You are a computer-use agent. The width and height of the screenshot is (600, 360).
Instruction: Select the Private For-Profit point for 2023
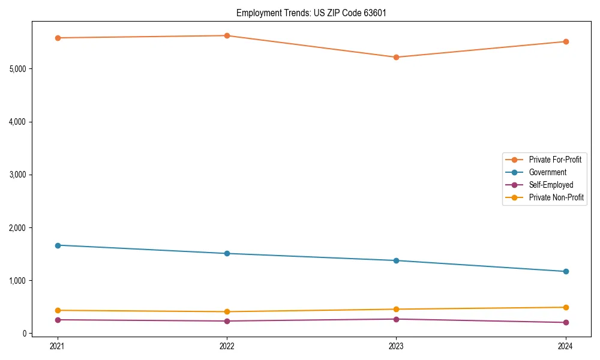[x=396, y=58]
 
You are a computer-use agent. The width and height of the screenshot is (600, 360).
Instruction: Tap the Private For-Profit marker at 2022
[x=227, y=35]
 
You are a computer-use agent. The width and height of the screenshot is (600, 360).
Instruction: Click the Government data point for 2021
[x=58, y=245]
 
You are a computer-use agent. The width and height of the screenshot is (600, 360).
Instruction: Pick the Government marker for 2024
[x=565, y=272]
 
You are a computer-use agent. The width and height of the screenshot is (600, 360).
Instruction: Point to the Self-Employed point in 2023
[x=396, y=319]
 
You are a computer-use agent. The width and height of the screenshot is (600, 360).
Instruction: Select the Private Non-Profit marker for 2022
[x=227, y=312]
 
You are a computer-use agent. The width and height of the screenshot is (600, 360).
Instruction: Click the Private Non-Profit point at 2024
[x=565, y=307]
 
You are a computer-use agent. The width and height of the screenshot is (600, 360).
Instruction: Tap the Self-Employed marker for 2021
[x=58, y=320]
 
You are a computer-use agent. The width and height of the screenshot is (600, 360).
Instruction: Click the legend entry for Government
[x=547, y=172]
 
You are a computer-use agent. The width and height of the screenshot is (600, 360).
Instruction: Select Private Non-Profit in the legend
[x=556, y=197]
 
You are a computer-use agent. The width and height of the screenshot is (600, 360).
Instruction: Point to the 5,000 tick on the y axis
[x=18, y=69]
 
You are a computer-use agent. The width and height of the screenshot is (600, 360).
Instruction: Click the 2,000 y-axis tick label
[x=18, y=228]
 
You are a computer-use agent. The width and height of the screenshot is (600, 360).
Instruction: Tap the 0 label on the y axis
[x=25, y=334]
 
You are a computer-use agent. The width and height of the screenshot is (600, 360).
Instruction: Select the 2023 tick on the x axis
[x=396, y=346]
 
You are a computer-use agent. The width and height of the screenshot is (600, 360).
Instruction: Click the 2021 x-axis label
[x=58, y=346]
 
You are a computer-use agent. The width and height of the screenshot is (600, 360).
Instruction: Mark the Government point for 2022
[x=227, y=254]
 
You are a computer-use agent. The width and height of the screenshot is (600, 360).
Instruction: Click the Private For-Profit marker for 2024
[x=565, y=42]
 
